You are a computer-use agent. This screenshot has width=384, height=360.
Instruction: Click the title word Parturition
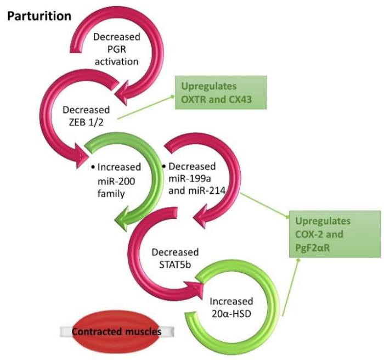coord(39,16)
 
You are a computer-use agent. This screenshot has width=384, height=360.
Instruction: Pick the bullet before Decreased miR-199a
coord(165,165)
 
